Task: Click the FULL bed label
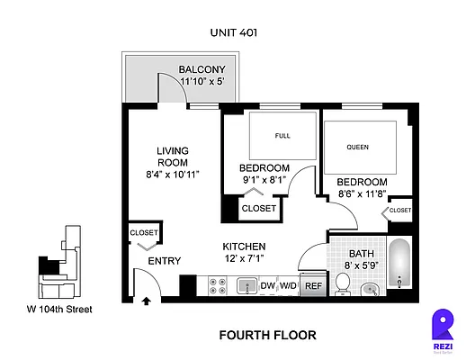click(282, 136)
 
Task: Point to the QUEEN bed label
click(357, 146)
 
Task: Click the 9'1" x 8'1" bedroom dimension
click(264, 180)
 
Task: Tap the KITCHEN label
click(244, 246)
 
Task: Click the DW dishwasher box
click(267, 286)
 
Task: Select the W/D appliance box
click(288, 286)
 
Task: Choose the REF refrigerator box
click(312, 286)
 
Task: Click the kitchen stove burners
click(217, 286)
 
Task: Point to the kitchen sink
click(246, 286)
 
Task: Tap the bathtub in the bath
click(400, 265)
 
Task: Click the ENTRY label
click(165, 261)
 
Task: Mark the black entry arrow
click(146, 302)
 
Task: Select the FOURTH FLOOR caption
click(268, 335)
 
